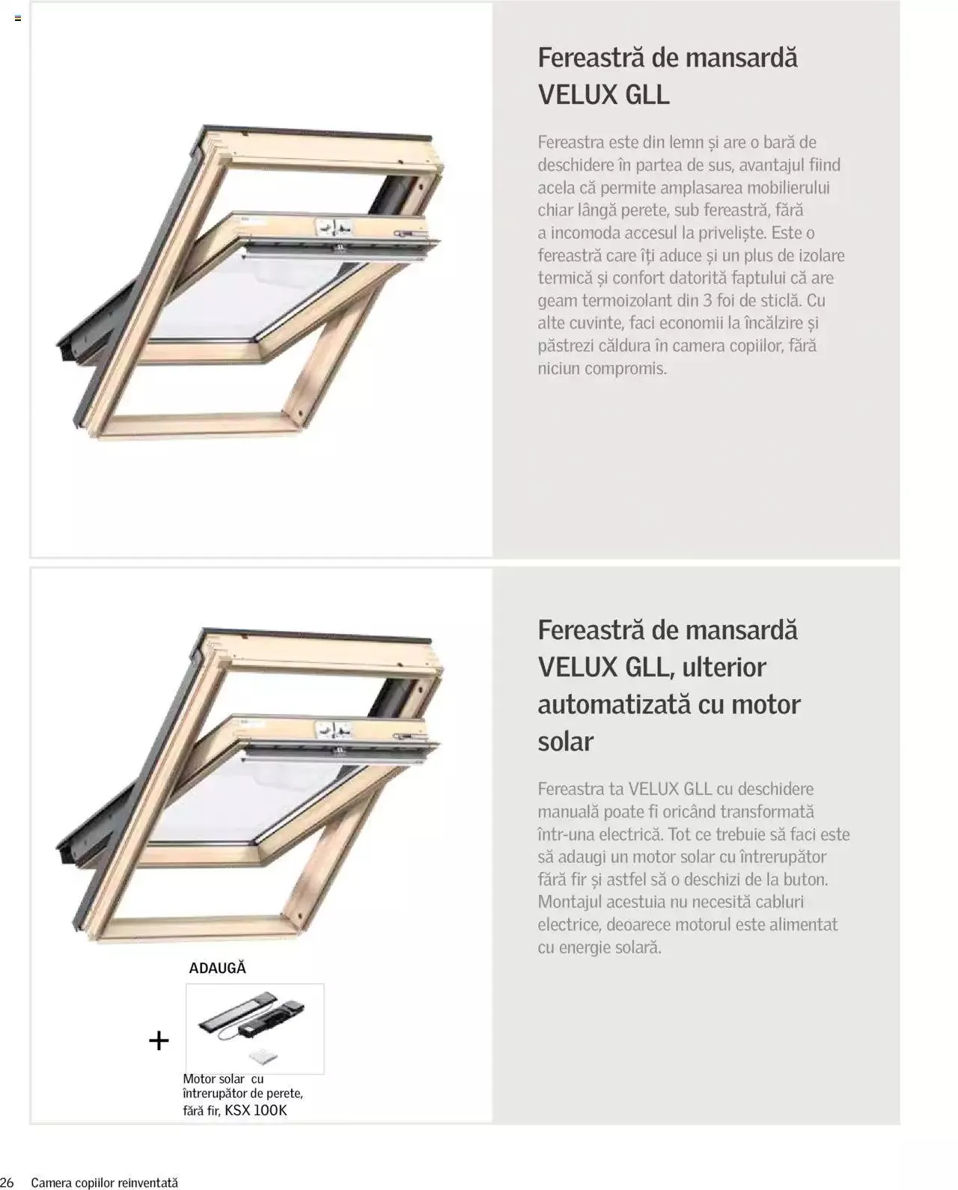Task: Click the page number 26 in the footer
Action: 7,1183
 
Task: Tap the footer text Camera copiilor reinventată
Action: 105,1183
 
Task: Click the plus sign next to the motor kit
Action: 159,1040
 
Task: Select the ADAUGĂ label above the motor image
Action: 217,968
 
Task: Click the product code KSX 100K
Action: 256,1110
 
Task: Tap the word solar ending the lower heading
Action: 565,741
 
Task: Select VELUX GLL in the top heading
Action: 603,95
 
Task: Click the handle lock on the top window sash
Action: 334,227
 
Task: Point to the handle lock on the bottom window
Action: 334,729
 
